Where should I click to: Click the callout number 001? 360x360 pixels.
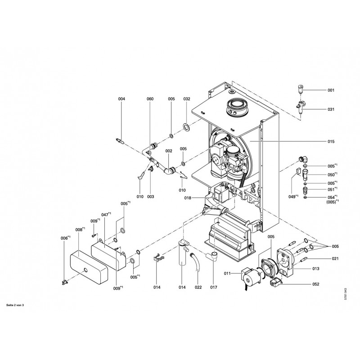[x=331, y=90]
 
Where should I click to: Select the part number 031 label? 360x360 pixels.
[x=331, y=109]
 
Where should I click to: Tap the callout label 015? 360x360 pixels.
[x=331, y=141]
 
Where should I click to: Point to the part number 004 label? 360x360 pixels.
[x=121, y=99]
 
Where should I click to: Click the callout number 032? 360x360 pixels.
[x=187, y=99]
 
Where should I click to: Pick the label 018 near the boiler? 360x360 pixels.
[x=188, y=198]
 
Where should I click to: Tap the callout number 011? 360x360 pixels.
[x=227, y=273]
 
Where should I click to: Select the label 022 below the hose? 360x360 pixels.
[x=198, y=287]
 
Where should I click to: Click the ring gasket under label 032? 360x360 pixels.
[x=186, y=126]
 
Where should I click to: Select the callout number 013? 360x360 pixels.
[x=315, y=269]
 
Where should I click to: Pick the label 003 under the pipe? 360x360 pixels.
[x=150, y=197]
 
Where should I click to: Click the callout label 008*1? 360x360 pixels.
[x=79, y=229]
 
